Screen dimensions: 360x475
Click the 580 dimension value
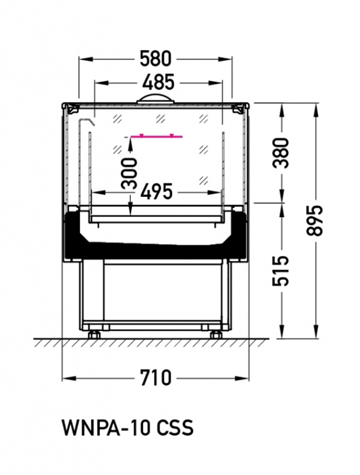[x=156, y=59]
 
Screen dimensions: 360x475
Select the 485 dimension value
[x=159, y=82]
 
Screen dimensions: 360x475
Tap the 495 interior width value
[x=156, y=191]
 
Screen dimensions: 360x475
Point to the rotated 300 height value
[x=129, y=174]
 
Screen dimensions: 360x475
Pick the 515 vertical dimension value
[x=280, y=271]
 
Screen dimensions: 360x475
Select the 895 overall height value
[x=314, y=221]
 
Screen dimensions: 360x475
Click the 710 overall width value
[x=156, y=378]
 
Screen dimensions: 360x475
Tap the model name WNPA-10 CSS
[x=128, y=428]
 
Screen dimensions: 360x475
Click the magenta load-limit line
[x=157, y=137]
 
